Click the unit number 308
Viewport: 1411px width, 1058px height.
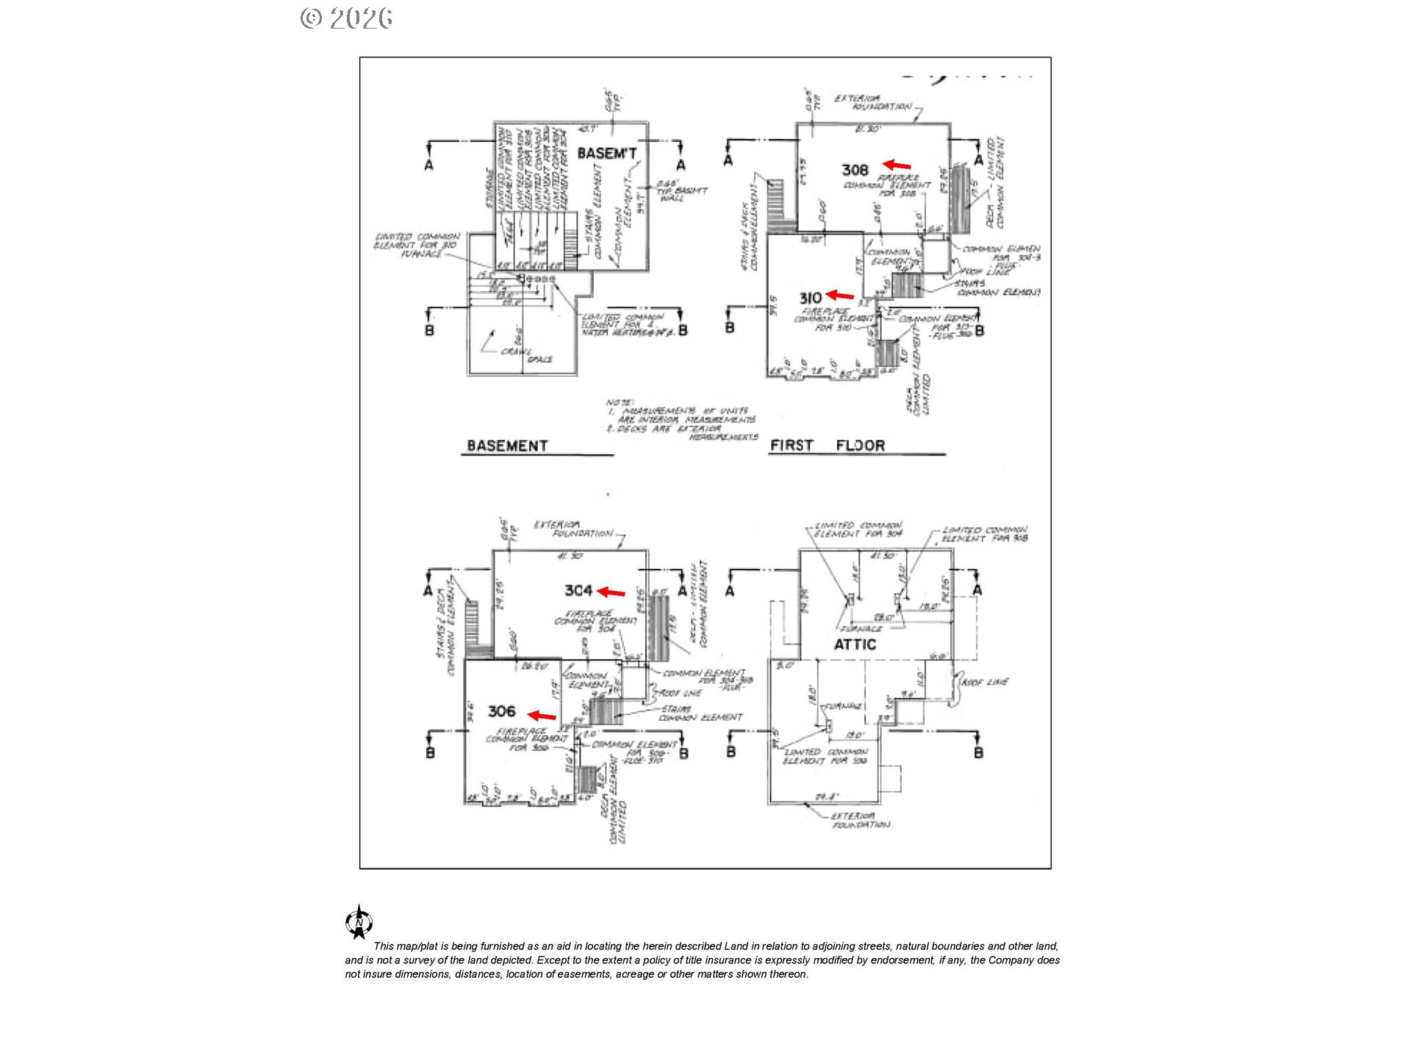click(x=855, y=170)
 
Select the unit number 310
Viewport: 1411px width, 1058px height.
click(x=810, y=298)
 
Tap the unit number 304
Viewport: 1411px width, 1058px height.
click(x=578, y=591)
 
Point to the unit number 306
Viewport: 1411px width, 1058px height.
click(x=502, y=711)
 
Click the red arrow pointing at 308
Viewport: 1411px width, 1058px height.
click(x=897, y=165)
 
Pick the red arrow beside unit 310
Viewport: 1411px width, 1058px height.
click(x=840, y=295)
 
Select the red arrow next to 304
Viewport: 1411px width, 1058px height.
click(x=611, y=591)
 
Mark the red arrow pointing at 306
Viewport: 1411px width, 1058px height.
click(x=542, y=716)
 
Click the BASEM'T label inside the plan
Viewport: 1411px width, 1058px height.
click(x=606, y=154)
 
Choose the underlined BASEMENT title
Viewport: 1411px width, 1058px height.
click(x=507, y=446)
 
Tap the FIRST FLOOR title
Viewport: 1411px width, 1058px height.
click(x=827, y=445)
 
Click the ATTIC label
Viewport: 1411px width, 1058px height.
click(x=855, y=645)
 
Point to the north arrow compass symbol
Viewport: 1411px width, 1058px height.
click(x=359, y=922)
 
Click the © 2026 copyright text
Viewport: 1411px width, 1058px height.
click(x=346, y=18)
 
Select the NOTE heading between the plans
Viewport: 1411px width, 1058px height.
click(x=619, y=403)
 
